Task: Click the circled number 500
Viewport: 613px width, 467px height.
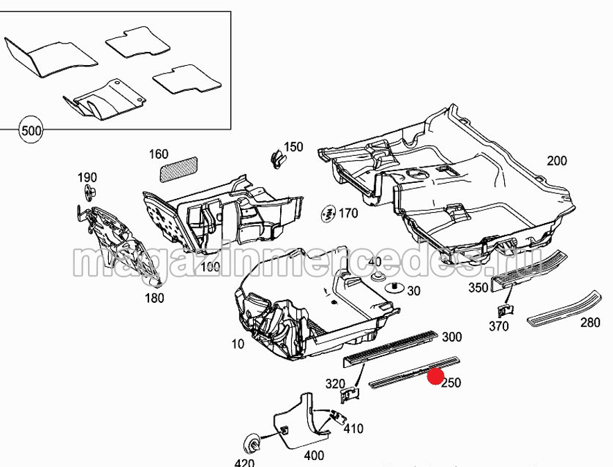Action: [x=31, y=130]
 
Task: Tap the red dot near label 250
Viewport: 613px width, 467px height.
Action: [x=435, y=376]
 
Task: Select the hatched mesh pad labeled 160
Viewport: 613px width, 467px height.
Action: [x=179, y=169]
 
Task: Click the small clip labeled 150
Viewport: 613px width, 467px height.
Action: [x=278, y=159]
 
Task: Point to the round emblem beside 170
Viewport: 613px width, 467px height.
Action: [x=329, y=213]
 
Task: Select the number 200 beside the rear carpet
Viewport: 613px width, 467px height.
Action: [x=557, y=161]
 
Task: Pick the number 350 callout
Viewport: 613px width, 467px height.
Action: [x=478, y=288]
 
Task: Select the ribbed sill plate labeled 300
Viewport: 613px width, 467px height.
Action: [x=390, y=349]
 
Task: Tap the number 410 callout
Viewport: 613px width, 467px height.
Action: [x=354, y=429]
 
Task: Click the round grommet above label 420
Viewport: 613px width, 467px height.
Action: [x=253, y=442]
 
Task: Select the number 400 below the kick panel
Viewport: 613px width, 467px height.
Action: [x=314, y=456]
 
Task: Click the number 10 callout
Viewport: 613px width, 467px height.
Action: [x=238, y=344]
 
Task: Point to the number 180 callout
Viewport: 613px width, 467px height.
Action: [x=155, y=299]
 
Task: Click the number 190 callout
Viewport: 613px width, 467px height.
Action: [x=87, y=177]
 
